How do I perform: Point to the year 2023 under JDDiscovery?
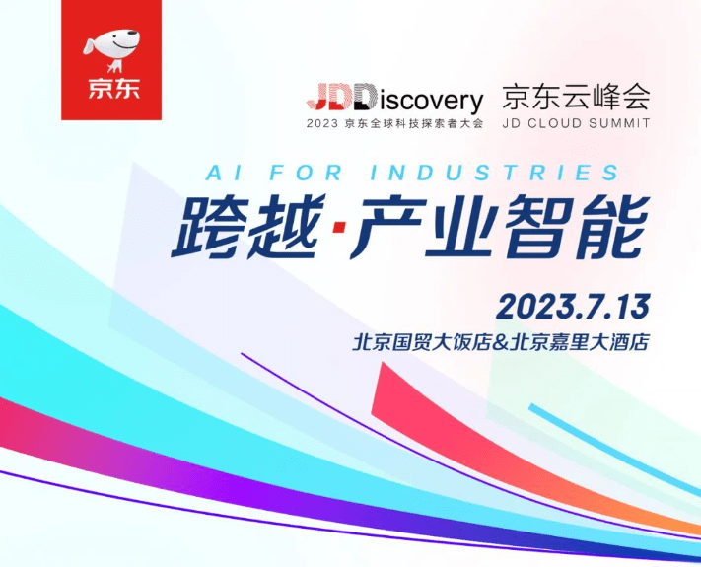coord(322,124)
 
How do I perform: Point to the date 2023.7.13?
coord(573,306)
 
